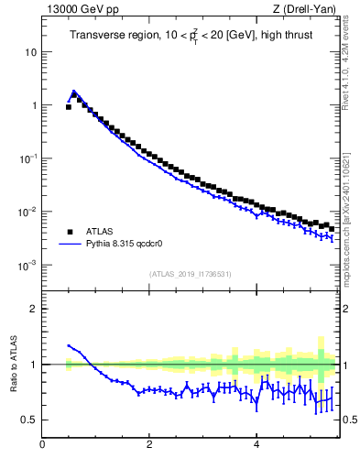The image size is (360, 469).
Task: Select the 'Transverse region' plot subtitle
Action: (x=190, y=35)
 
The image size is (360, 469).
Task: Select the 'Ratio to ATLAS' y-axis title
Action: (x=13, y=364)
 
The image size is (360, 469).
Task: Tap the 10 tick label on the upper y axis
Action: (x=30, y=52)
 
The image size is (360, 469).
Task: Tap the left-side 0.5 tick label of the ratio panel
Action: (x=29, y=420)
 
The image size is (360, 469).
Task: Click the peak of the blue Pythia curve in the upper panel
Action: (x=73, y=91)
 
